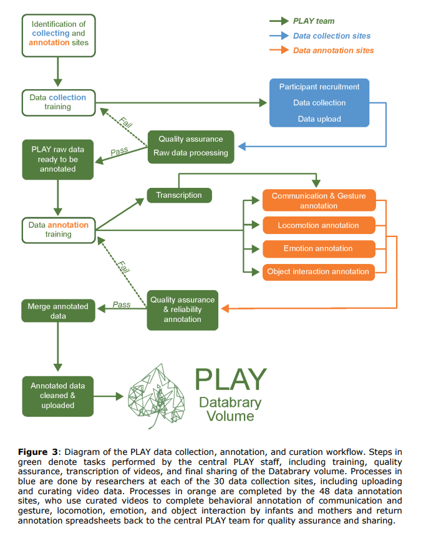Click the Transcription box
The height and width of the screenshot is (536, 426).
[179, 195]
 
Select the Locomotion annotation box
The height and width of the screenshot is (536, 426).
[319, 225]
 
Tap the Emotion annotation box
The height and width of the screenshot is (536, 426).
[319, 248]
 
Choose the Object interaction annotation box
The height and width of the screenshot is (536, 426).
[319, 271]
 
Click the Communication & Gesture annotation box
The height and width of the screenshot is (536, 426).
[319, 200]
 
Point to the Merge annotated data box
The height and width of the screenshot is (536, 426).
[58, 311]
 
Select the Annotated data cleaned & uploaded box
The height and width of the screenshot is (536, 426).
[58, 396]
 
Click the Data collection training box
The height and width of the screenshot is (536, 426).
[58, 102]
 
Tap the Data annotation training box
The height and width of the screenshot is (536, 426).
[58, 230]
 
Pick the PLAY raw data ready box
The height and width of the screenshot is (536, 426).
[58, 159]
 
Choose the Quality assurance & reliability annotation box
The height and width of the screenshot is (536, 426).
[183, 309]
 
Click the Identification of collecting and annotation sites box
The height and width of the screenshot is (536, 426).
[58, 34]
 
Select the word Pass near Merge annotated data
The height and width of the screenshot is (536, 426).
[122, 305]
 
